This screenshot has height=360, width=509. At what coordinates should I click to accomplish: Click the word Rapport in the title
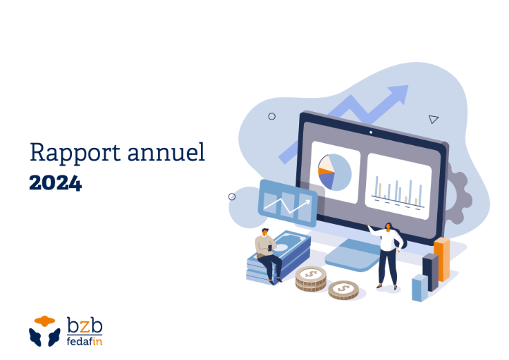pos(75,152)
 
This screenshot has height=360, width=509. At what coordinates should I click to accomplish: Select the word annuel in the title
pos(166,152)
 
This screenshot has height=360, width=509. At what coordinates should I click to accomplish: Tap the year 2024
pos(55,183)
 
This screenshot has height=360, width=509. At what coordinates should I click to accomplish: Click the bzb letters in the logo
pos(84,325)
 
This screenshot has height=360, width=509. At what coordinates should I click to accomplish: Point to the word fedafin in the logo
pos(84,341)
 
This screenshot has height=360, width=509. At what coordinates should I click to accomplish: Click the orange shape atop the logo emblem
pos(45,321)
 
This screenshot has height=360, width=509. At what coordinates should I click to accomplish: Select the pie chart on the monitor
pos(335,172)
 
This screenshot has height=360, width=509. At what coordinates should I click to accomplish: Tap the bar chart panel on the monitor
pos(398,186)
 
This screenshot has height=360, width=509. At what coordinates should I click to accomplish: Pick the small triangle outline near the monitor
pos(433,120)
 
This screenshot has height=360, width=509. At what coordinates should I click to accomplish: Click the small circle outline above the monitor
pos(271,116)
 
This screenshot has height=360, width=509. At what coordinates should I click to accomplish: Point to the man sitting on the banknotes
pos(267,256)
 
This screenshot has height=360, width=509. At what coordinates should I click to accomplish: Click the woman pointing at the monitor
pos(388,255)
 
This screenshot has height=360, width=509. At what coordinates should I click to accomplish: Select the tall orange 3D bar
pos(442,259)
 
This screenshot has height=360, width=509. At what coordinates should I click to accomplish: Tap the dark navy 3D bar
pos(431,272)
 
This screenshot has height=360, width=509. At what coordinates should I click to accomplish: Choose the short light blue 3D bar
pos(420,288)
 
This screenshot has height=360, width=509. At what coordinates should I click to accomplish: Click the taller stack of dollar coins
pos(311,278)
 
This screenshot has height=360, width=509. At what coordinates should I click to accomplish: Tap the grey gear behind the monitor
pos(459,194)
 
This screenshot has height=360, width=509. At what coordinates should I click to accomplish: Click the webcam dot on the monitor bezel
pos(371,133)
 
